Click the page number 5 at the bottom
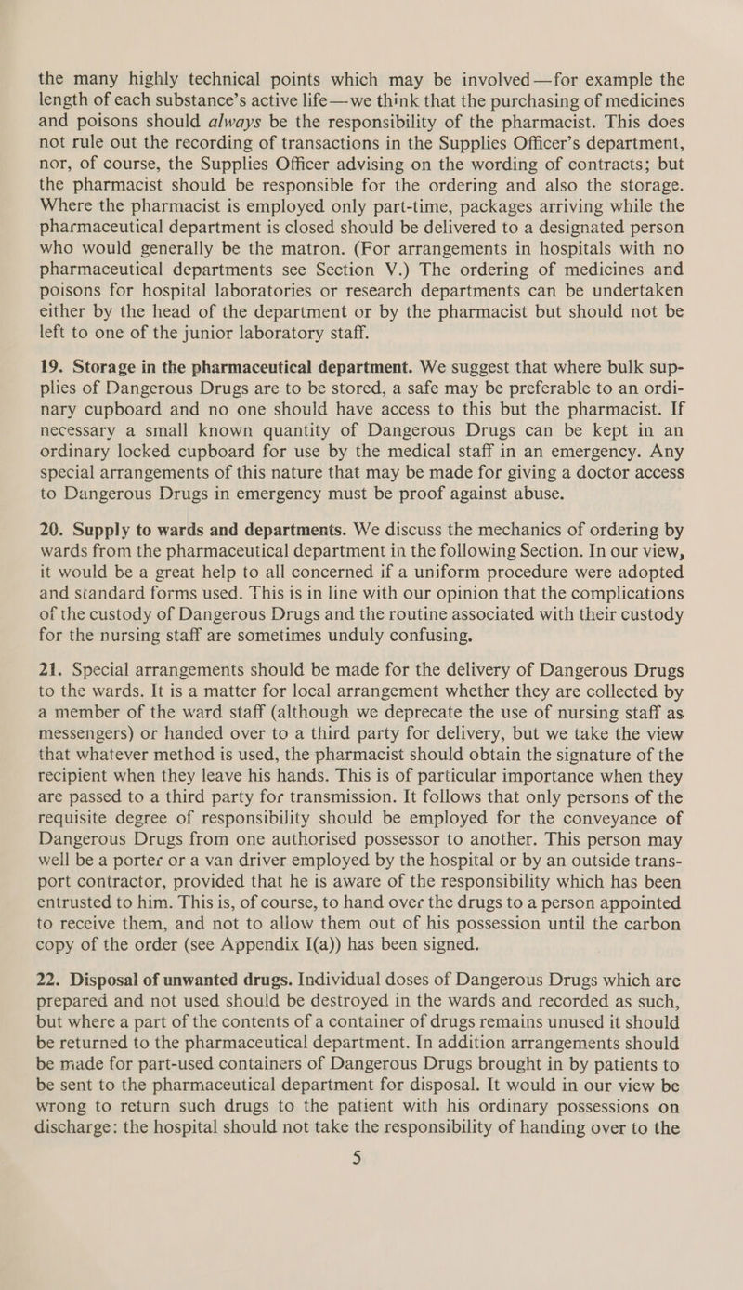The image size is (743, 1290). tap(371, 1261)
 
